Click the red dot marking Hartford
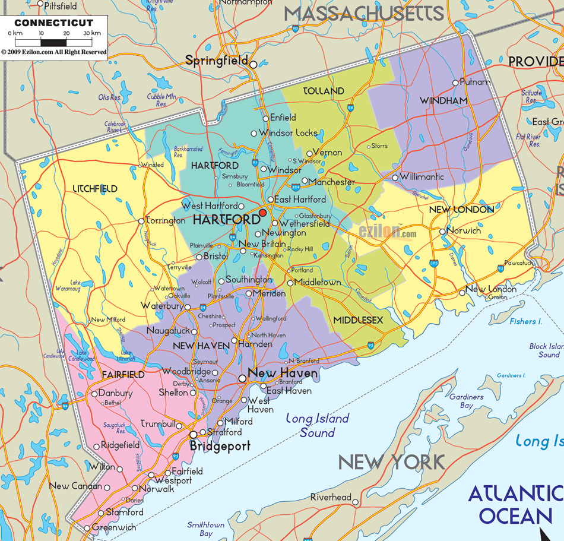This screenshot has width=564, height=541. [x=263, y=213]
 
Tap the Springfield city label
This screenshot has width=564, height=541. [x=216, y=61]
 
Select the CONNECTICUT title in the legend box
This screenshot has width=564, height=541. [x=54, y=23]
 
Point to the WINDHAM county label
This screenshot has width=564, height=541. [x=444, y=101]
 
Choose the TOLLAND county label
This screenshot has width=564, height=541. [x=324, y=91]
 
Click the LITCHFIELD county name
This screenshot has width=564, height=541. [x=95, y=189]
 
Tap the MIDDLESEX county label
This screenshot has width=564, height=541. [x=358, y=320]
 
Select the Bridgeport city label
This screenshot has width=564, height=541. [x=220, y=446]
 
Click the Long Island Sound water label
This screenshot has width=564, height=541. [x=317, y=426]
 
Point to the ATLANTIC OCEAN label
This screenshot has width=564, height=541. [x=515, y=504]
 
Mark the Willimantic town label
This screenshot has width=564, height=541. [x=422, y=177]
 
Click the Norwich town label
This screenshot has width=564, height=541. [x=464, y=230]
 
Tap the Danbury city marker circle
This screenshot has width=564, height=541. [x=94, y=393]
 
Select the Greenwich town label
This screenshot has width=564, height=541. [x=114, y=527]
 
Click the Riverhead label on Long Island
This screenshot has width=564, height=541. [x=331, y=497]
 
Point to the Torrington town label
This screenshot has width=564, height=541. [x=166, y=221]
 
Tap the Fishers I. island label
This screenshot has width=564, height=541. [x=525, y=321]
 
